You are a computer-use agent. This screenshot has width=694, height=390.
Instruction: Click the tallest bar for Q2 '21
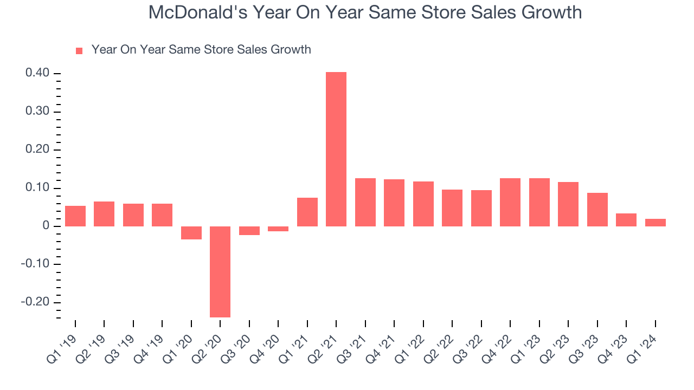[336, 149]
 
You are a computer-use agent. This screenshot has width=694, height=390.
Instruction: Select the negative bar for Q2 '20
[220, 271]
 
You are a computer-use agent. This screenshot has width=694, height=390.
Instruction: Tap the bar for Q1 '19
[75, 216]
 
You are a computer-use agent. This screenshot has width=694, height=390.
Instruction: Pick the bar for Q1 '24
[655, 223]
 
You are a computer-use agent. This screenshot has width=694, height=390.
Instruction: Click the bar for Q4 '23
[626, 220]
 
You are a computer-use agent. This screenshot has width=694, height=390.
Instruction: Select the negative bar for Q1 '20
[191, 233]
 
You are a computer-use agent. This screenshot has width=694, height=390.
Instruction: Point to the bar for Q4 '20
[278, 229]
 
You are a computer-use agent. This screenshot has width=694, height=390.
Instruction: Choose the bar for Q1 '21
[307, 212]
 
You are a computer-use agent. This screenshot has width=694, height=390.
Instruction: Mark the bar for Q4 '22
[510, 202]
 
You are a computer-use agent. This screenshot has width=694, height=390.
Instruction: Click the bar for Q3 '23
[597, 210]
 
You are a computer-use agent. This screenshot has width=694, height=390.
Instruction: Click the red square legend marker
[79, 50]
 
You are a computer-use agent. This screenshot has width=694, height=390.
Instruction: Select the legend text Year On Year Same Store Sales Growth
[201, 50]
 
